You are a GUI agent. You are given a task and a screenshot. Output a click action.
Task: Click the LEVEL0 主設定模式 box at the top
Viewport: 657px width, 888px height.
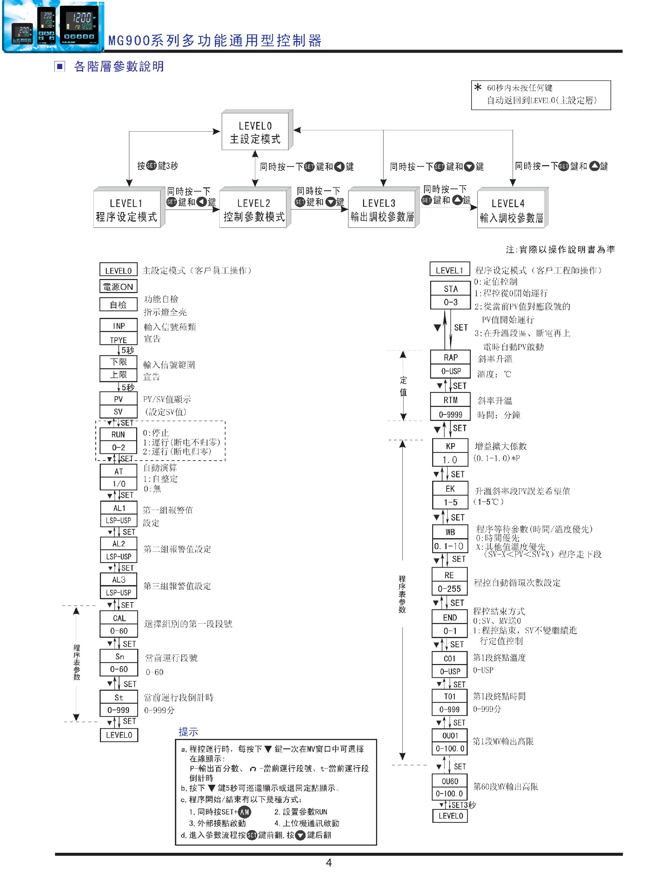255,132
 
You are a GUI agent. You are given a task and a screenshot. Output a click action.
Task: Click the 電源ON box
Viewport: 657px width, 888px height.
118,287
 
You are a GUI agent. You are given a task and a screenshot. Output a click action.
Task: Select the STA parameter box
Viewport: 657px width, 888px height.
450,289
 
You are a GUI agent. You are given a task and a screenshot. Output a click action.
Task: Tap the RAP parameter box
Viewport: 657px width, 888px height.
450,357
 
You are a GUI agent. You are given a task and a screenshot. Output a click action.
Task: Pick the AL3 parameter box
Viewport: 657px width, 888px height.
118,579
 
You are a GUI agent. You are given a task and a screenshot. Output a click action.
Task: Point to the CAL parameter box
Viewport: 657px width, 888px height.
118,618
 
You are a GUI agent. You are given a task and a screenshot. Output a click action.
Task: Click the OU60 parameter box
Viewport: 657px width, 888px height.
450,781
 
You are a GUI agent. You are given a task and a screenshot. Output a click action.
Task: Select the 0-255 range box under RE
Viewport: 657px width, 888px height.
449,588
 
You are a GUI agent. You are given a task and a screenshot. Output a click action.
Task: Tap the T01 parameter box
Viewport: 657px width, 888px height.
450,696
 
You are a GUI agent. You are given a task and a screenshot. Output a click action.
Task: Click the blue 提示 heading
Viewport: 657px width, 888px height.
188,731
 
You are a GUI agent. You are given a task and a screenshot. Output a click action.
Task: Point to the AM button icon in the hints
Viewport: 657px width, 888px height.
244,812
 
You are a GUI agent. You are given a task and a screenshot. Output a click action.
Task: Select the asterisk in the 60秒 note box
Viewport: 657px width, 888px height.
478,87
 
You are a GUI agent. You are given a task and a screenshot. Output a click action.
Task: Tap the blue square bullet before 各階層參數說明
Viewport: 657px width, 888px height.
60,66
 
